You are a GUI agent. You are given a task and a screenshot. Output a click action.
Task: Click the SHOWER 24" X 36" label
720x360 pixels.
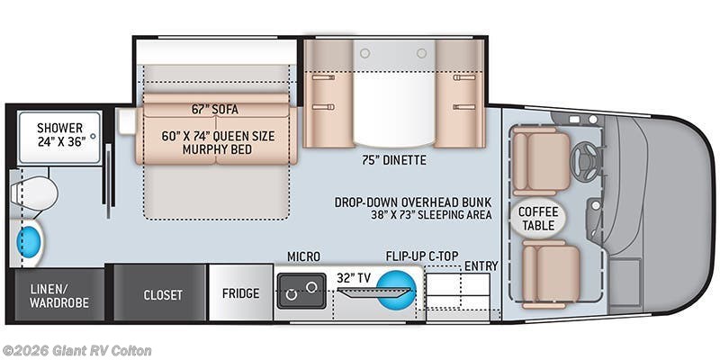[x=61, y=134]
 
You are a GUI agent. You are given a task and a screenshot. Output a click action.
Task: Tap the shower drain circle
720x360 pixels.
[x=94, y=136]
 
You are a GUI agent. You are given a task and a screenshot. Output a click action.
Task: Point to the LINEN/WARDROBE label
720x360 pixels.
[x=59, y=296]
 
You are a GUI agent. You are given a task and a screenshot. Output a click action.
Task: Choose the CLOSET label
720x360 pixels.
[x=163, y=295]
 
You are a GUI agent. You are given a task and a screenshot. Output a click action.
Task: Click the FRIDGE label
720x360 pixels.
[x=240, y=293]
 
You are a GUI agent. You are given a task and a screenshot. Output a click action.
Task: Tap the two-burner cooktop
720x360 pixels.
[x=301, y=291]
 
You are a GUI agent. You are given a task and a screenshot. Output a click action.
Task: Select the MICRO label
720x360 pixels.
[x=303, y=256]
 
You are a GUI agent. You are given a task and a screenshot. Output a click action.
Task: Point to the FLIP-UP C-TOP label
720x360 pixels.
[x=422, y=256]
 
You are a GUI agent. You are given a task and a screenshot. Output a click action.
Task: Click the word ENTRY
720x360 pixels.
[x=481, y=265]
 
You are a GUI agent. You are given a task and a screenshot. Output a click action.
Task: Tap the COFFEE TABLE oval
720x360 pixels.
[x=538, y=218]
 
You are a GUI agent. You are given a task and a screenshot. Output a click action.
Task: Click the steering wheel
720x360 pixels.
[x=584, y=163]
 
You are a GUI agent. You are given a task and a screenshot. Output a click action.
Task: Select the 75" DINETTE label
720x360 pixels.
[x=393, y=160]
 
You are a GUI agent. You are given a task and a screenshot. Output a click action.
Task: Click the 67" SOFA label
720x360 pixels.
[x=215, y=110]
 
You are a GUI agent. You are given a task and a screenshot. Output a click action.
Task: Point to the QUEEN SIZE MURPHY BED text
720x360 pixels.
[x=218, y=143]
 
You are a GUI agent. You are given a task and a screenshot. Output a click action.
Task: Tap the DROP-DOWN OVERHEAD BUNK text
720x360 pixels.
[x=413, y=202]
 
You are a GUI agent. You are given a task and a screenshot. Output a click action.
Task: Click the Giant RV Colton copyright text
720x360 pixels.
[x=76, y=351]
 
